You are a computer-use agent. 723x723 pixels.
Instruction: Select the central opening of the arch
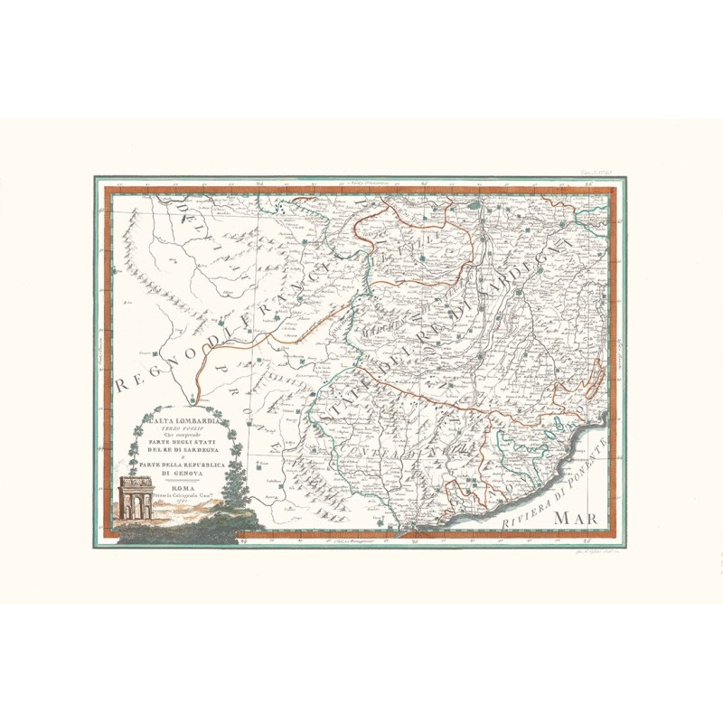tap(136, 507)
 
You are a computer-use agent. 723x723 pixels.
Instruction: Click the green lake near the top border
tap(472, 207)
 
